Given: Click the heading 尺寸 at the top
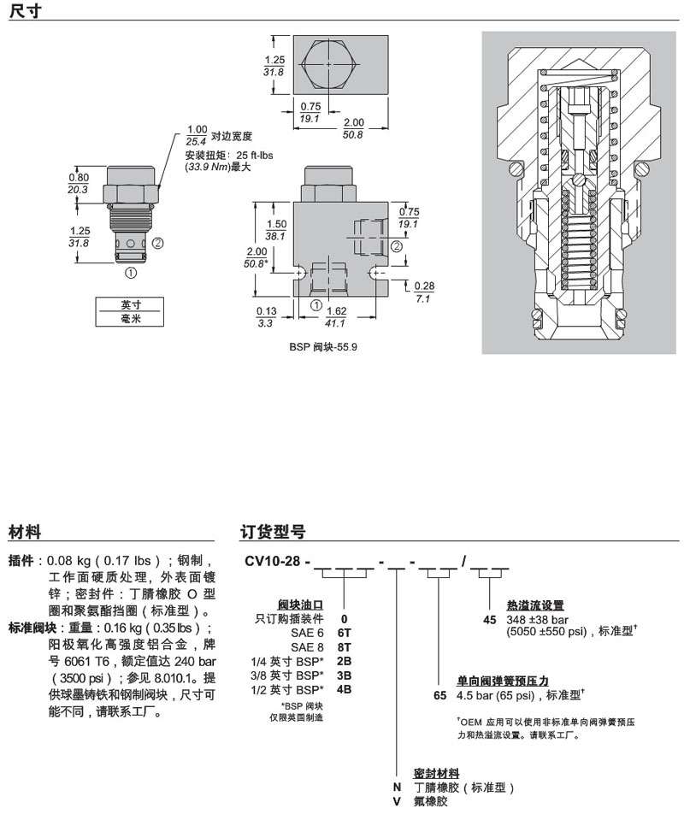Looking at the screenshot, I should coord(25,11).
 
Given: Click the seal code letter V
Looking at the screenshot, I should coord(396,801).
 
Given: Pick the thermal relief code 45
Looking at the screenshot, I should coord(490,620).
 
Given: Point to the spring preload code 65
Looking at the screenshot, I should coord(440,696).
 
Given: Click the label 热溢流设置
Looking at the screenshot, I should coord(535,605).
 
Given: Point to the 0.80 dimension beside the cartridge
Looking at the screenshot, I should coord(78,178).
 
